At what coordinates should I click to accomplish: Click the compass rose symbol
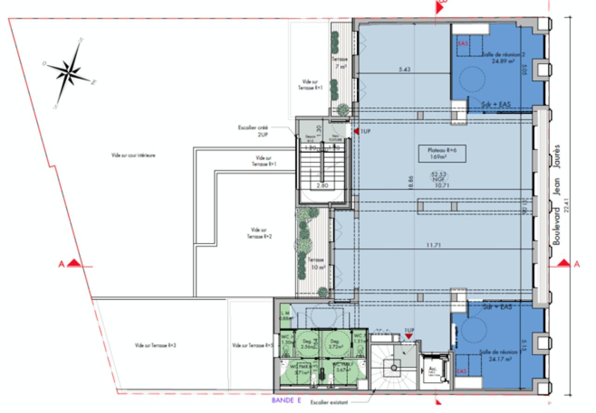(x=69, y=72)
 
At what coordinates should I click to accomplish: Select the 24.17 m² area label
(x=497, y=359)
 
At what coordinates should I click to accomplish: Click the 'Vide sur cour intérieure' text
(x=133, y=155)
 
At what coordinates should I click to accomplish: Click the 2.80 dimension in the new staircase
(x=323, y=185)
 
